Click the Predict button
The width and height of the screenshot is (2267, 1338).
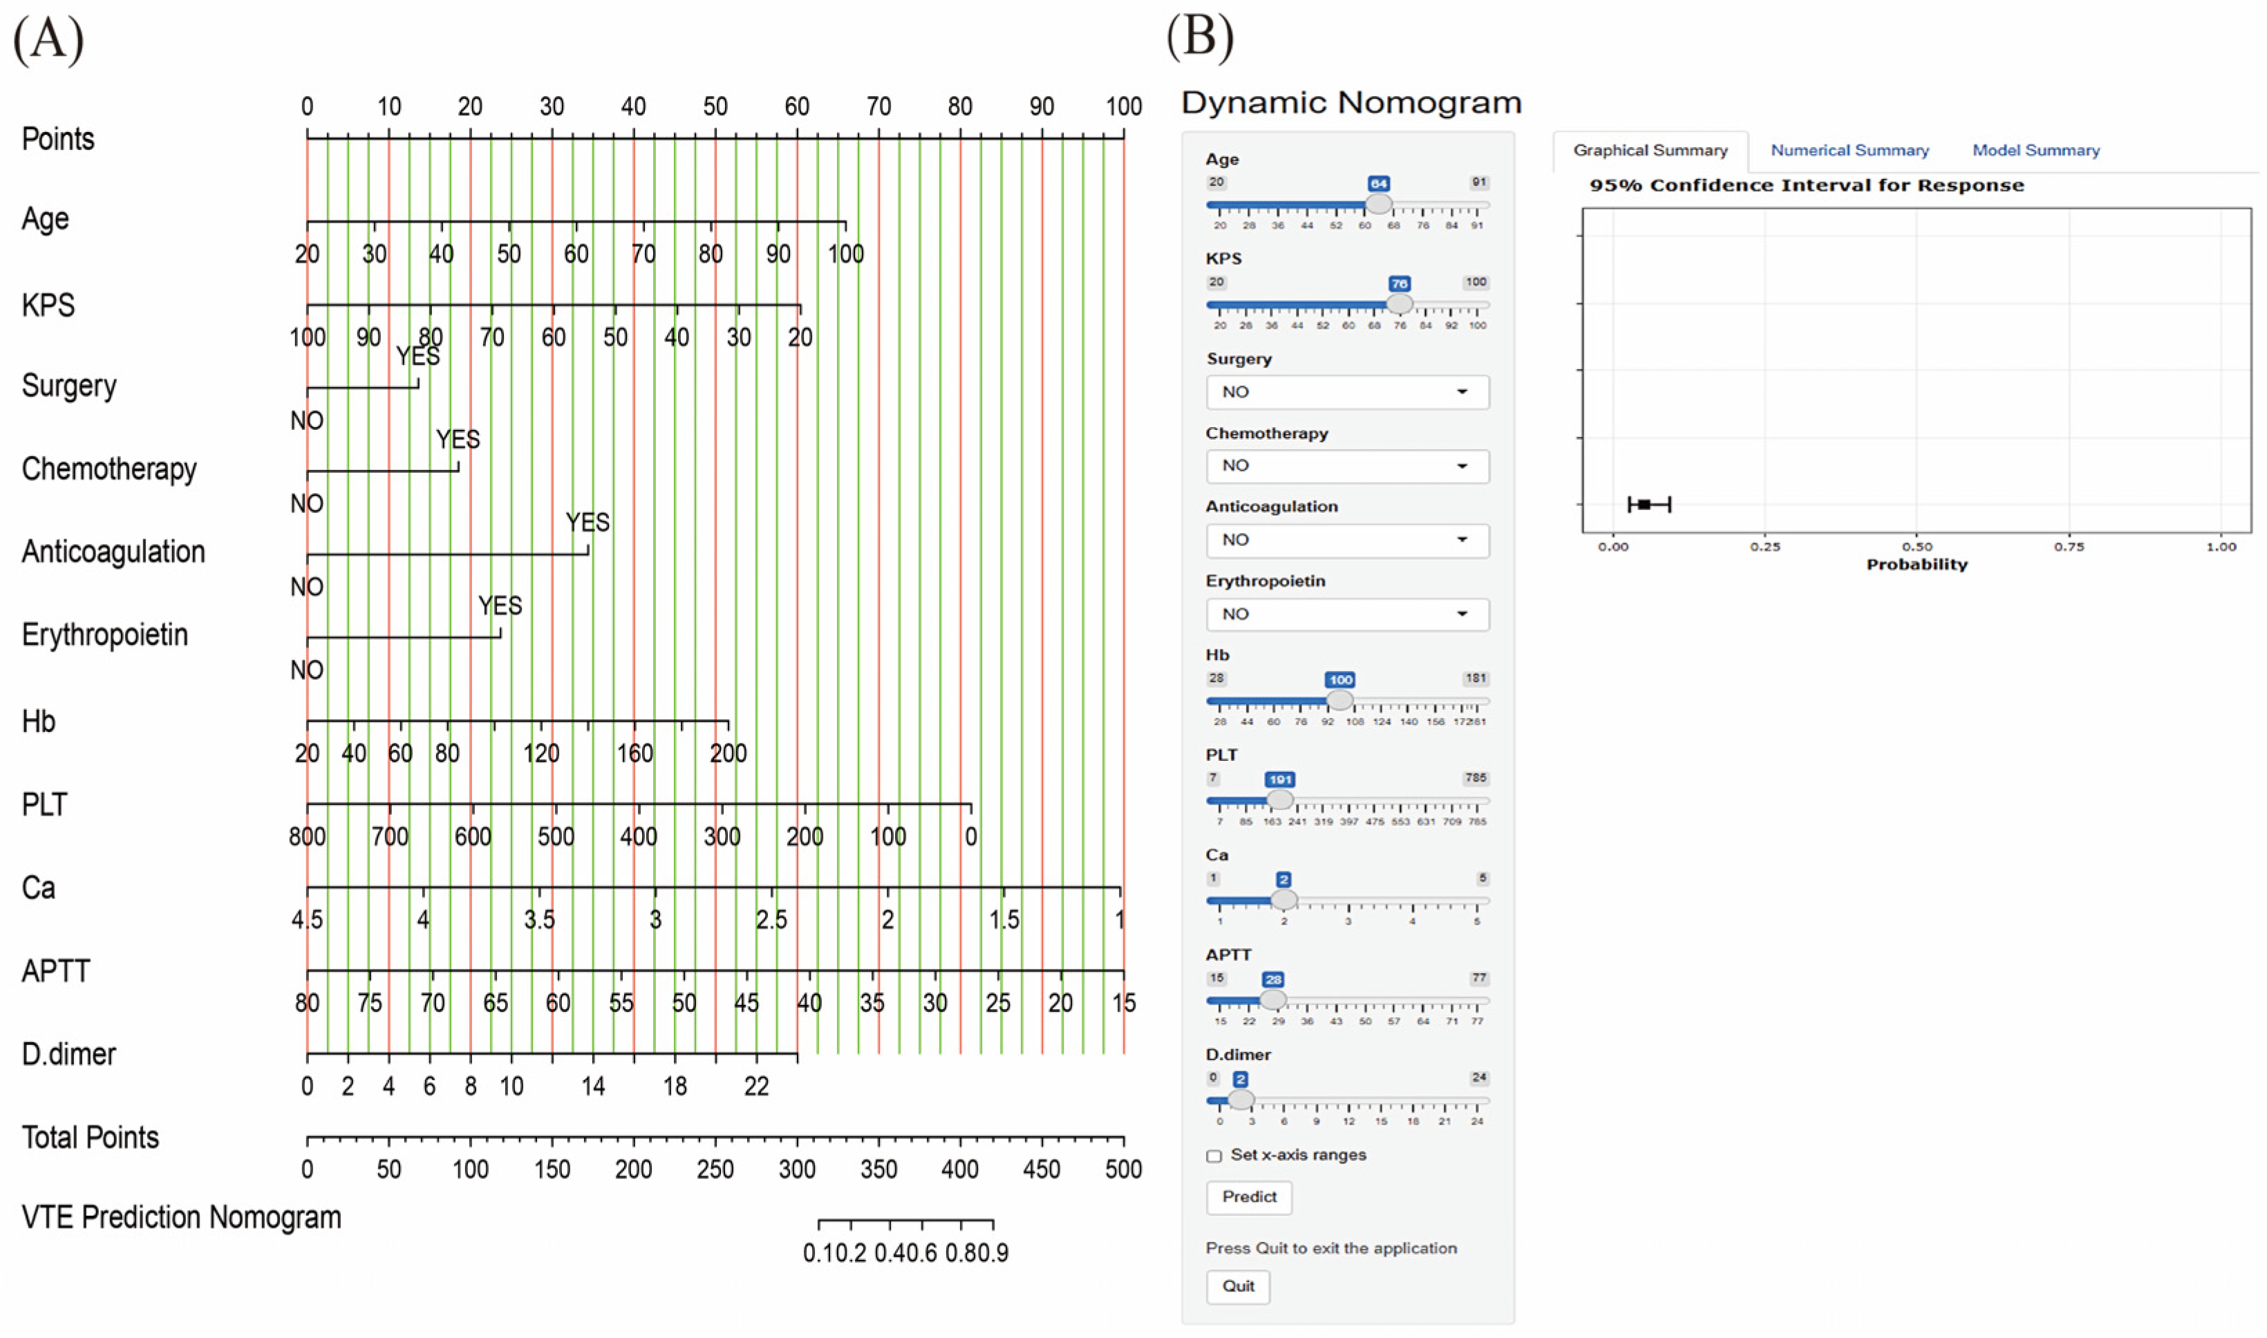tap(1248, 1197)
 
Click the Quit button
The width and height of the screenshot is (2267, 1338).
tap(1238, 1287)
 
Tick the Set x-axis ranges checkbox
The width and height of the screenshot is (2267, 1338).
tap(1214, 1156)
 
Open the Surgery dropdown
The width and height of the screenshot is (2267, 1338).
tap(1346, 392)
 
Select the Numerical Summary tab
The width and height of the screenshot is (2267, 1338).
tap(1849, 151)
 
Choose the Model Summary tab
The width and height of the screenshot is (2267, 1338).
tap(2035, 151)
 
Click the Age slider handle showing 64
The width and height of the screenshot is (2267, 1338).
tap(1378, 205)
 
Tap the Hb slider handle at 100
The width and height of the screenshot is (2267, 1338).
tap(1339, 701)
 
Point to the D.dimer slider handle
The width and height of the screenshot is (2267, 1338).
tap(1241, 1100)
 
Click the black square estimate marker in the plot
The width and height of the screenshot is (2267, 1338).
tap(1644, 505)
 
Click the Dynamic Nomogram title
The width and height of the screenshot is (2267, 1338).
tap(1351, 103)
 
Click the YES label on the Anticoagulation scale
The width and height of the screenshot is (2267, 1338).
tap(587, 523)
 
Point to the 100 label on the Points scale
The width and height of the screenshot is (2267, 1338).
tap(1123, 106)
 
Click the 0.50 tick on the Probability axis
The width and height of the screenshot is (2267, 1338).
tap(1917, 547)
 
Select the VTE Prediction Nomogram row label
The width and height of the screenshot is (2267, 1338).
tap(181, 1218)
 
